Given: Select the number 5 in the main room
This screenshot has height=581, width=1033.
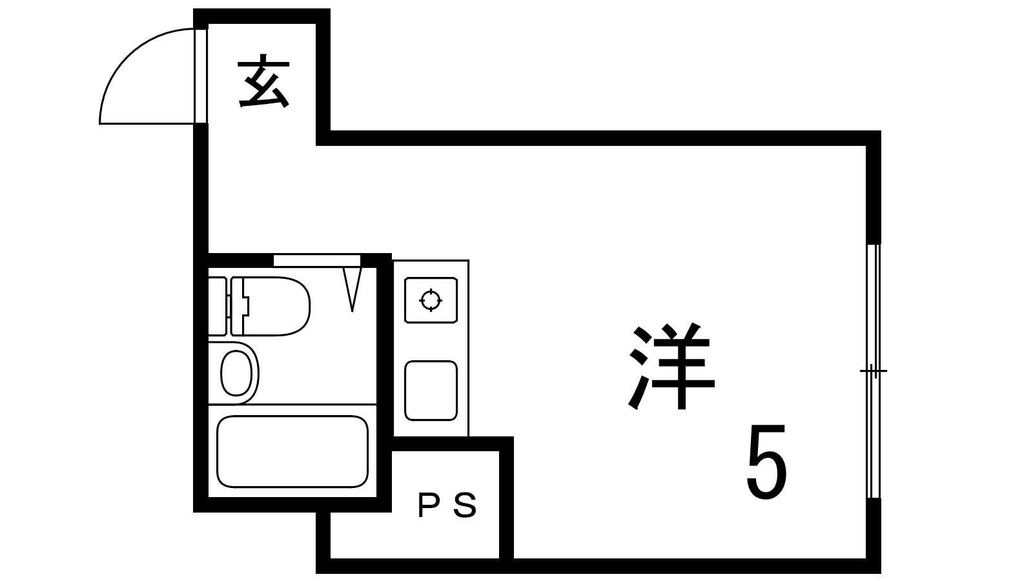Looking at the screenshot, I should click(767, 462).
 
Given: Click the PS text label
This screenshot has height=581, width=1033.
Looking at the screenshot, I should click(447, 505).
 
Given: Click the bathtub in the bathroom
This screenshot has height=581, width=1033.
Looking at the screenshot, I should click(292, 451).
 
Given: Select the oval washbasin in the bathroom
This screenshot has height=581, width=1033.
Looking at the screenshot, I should click(235, 373).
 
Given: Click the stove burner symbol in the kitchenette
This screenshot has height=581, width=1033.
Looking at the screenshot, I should click(431, 300).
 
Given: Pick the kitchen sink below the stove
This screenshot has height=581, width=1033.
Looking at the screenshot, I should click(431, 390).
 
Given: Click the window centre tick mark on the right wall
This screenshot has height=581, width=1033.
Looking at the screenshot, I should click(873, 371).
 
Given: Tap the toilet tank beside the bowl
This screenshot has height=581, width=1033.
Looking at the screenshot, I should click(218, 306).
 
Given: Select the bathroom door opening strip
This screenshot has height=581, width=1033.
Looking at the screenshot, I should click(316, 260).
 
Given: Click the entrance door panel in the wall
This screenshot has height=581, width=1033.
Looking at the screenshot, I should click(201, 76).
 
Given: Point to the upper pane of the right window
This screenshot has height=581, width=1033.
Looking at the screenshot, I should click(873, 307).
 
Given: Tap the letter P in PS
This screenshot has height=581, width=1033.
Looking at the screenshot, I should click(427, 505).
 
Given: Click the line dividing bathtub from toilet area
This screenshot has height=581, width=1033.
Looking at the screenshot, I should click(292, 405).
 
